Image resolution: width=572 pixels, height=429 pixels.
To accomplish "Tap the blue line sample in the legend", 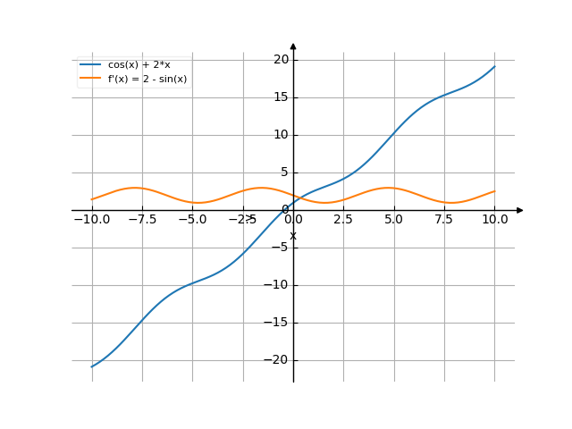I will (x=90, y=64).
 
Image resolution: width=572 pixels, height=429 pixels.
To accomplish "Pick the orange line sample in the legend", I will (x=90, y=79).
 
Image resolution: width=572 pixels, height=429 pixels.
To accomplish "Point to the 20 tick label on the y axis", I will (x=282, y=60).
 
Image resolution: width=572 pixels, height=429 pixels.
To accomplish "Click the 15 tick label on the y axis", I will (x=282, y=97).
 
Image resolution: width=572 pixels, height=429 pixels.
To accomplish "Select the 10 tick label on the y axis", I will (x=282, y=135).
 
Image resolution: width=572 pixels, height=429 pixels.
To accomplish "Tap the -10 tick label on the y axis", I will (x=279, y=285).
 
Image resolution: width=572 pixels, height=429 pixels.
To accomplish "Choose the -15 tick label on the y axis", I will (x=279, y=323).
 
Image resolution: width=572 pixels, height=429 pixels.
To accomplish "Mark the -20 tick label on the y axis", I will (x=279, y=360).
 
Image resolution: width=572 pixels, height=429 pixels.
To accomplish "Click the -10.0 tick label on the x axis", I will (x=92, y=219).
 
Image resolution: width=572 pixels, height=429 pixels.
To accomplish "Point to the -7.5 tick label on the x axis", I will (x=142, y=219).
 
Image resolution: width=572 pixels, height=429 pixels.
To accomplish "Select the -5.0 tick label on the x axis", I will (x=192, y=219).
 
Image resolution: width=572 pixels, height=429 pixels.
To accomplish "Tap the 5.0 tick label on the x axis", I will (x=394, y=219).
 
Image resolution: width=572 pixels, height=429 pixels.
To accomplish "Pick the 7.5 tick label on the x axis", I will (x=444, y=219).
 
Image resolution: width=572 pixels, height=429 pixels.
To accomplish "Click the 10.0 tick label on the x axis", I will (x=494, y=219).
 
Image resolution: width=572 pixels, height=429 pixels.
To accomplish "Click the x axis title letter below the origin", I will (x=292, y=235).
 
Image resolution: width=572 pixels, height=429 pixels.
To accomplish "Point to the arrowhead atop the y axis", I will (x=293, y=46).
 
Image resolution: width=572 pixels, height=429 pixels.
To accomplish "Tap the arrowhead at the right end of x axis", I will (x=519, y=210).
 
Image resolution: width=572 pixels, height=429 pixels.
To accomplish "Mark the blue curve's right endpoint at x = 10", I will (x=494, y=67).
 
